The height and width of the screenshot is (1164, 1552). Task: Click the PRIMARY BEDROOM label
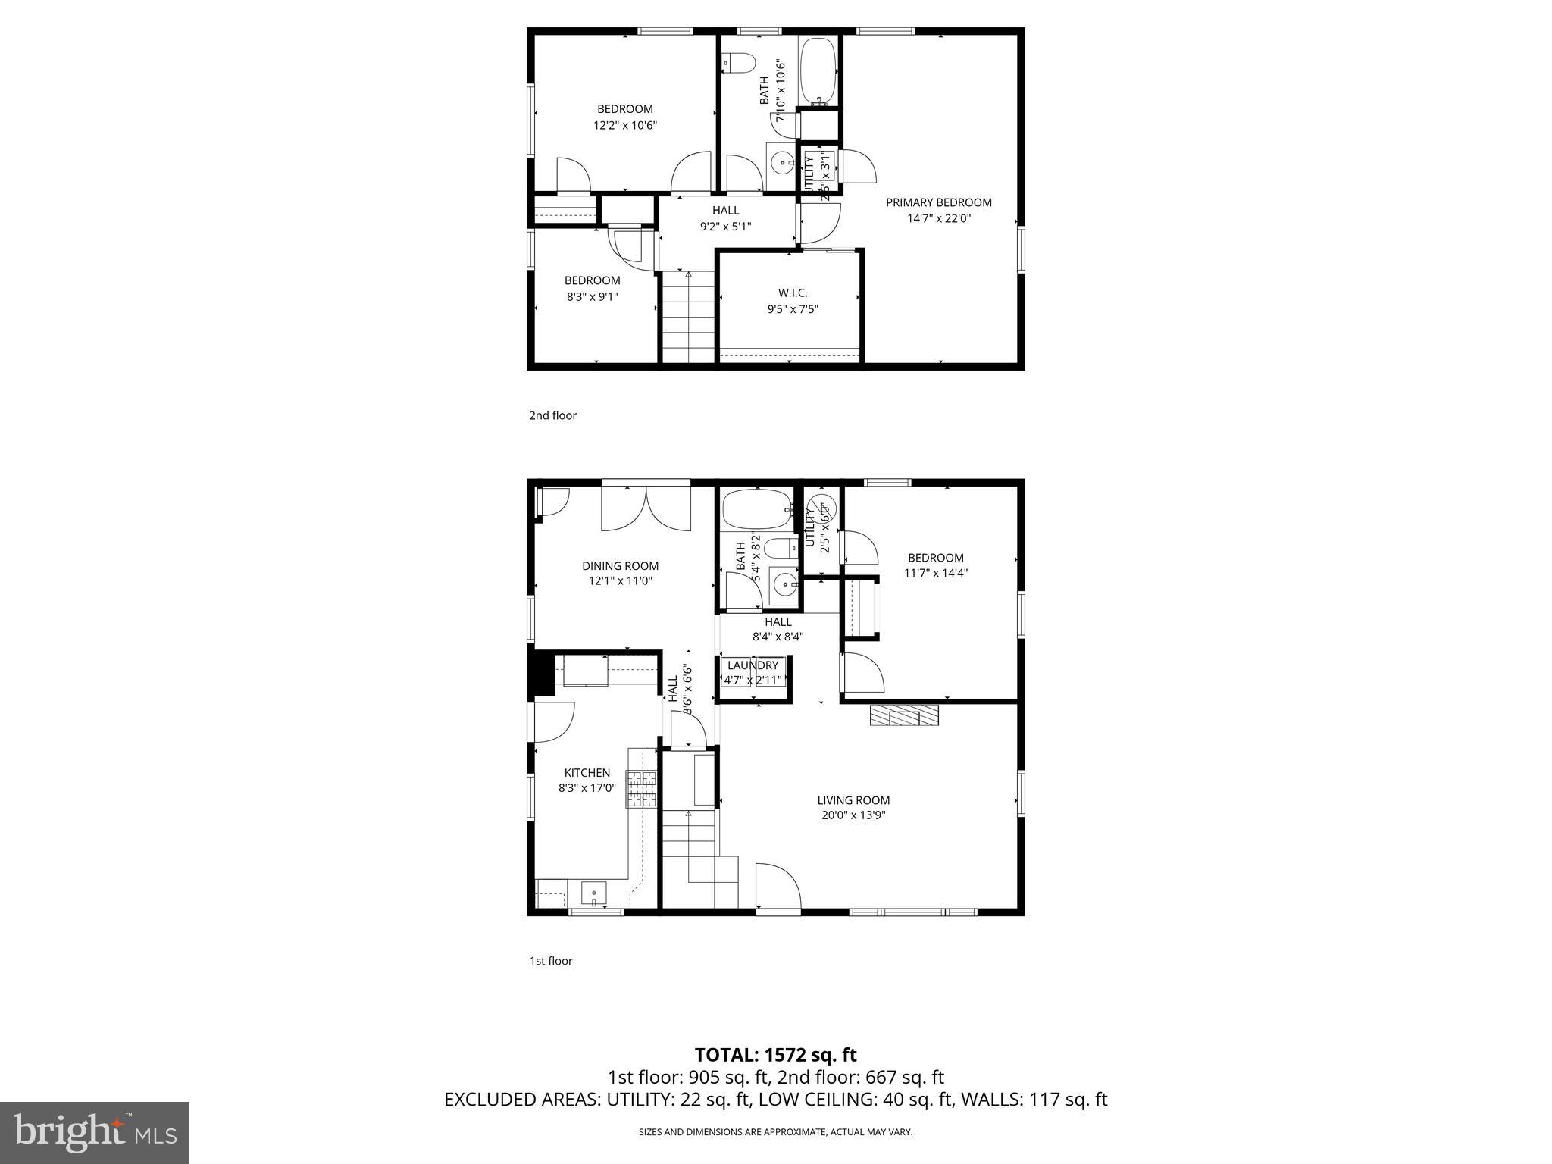click(x=938, y=202)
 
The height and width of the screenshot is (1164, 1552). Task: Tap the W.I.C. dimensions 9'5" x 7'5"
click(x=793, y=309)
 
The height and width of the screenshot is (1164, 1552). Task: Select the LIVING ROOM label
click(x=853, y=800)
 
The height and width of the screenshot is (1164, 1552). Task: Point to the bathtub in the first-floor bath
click(x=756, y=510)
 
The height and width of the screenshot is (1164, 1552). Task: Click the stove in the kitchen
click(x=641, y=788)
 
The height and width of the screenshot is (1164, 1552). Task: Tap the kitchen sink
click(x=593, y=893)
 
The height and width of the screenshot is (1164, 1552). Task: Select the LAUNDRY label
click(x=753, y=665)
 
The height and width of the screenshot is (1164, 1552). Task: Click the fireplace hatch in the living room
click(x=904, y=715)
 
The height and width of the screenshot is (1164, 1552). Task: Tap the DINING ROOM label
click(x=620, y=566)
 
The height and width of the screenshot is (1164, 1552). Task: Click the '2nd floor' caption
click(x=552, y=415)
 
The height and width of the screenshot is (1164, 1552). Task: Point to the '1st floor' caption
click(x=550, y=961)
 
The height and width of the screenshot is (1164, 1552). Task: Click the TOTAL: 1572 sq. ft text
click(x=775, y=1055)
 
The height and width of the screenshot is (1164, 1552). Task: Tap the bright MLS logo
click(x=95, y=1132)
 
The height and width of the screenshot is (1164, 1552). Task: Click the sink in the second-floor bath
click(x=781, y=161)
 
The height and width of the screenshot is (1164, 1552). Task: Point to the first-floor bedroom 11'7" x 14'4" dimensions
click(x=935, y=574)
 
